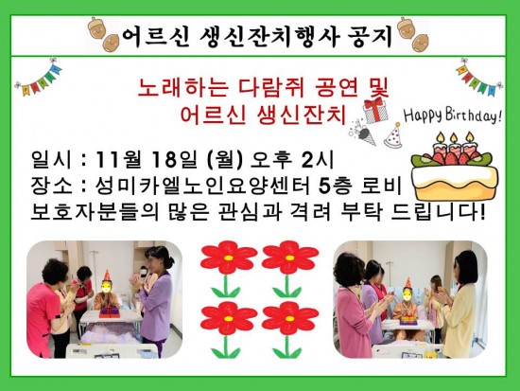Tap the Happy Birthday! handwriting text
tap(452, 115)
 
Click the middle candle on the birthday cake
tap(453, 144)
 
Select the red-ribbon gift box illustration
tap(375, 110)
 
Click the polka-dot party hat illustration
tap(393, 135)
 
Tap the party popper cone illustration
tap(364, 133)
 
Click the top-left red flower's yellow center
tap(228, 258)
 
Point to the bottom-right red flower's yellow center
tap(289, 319)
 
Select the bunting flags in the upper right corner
tap(479, 77)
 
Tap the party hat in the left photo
tap(107, 275)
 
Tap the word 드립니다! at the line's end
tap(438, 212)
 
